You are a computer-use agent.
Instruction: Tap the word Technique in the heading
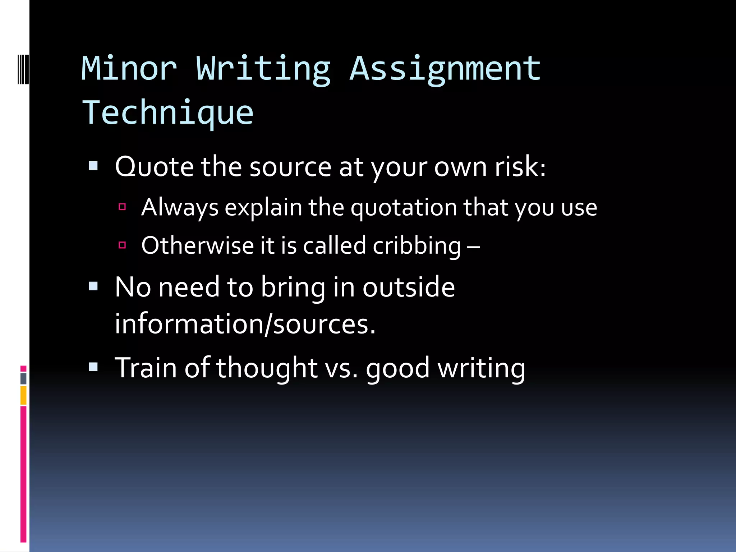168,113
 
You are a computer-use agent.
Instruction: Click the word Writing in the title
263,69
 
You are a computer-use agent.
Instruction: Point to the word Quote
154,167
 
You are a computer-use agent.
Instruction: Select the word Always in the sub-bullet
180,208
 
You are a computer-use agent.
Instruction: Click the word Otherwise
197,246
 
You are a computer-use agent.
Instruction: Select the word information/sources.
245,324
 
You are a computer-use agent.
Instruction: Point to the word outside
408,287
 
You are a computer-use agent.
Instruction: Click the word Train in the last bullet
146,368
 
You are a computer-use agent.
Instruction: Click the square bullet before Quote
93,166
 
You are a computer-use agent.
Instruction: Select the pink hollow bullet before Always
122,207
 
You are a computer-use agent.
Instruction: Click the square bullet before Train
93,367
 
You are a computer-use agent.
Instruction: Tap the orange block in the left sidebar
23,395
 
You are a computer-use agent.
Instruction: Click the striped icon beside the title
23,69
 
